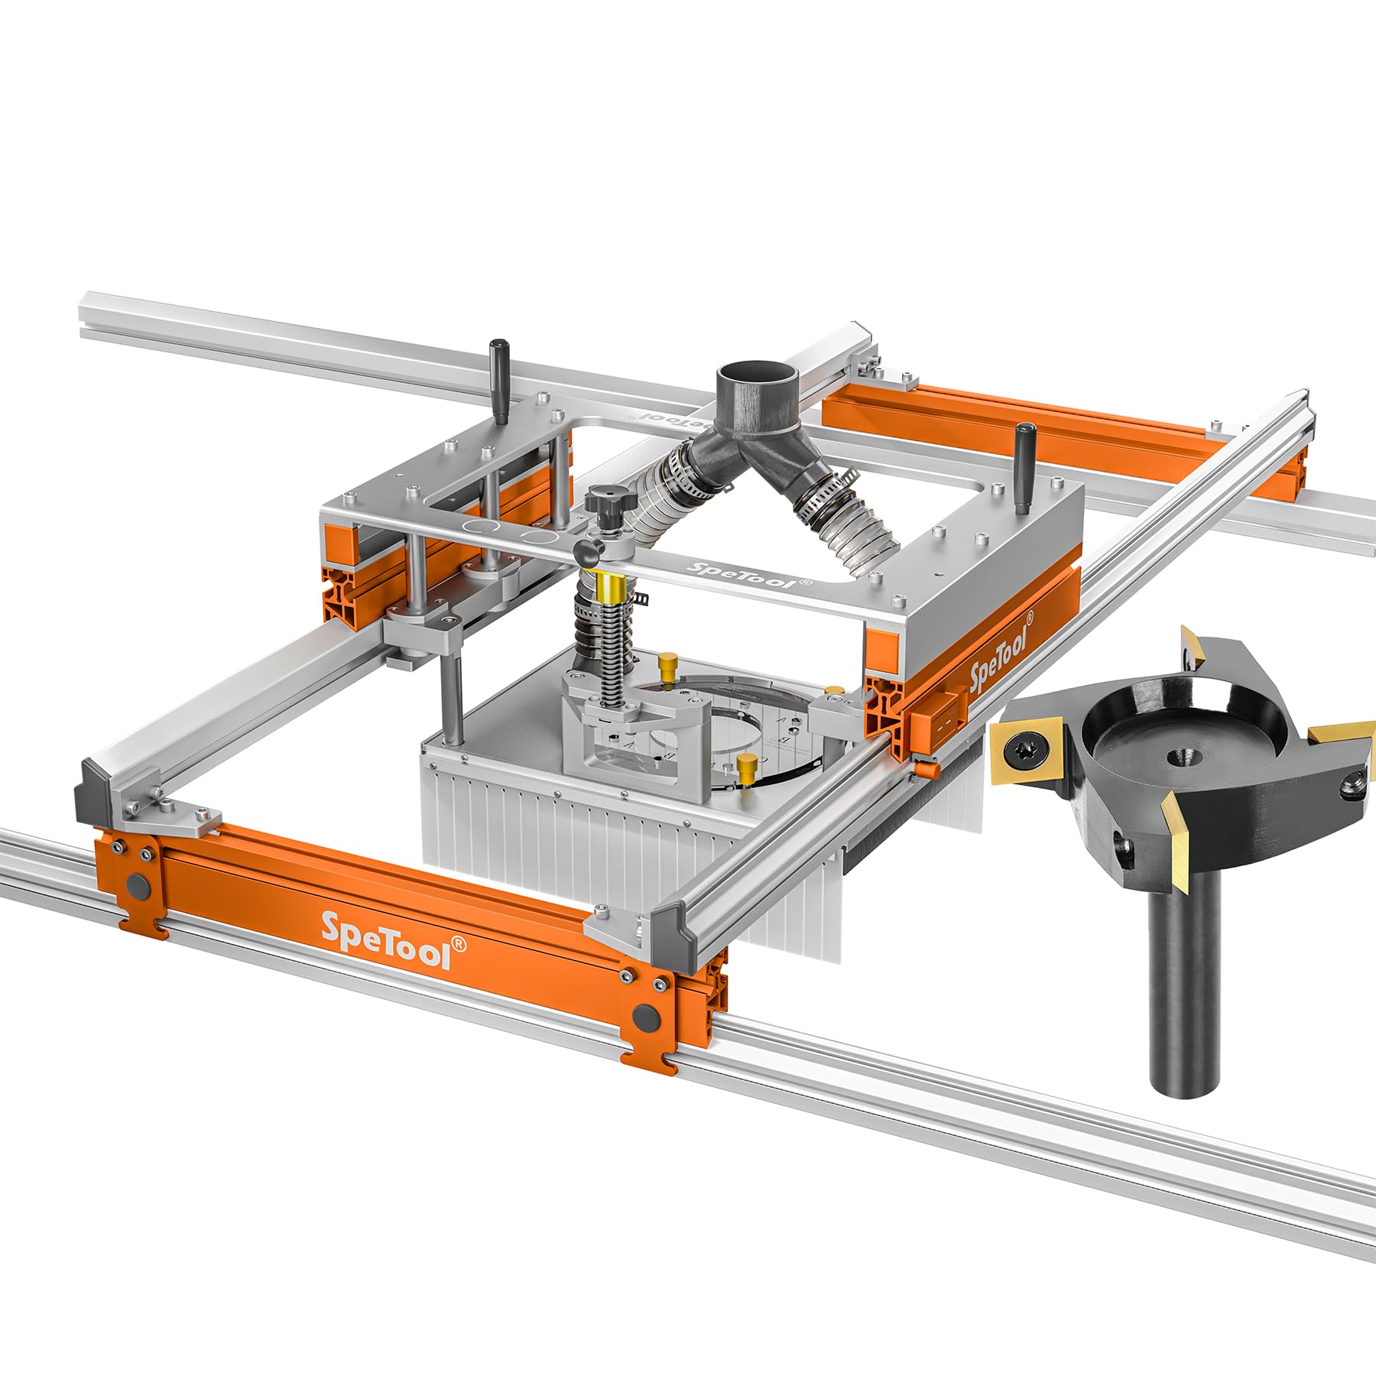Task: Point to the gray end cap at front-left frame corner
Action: pyautogui.click(x=90, y=795)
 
